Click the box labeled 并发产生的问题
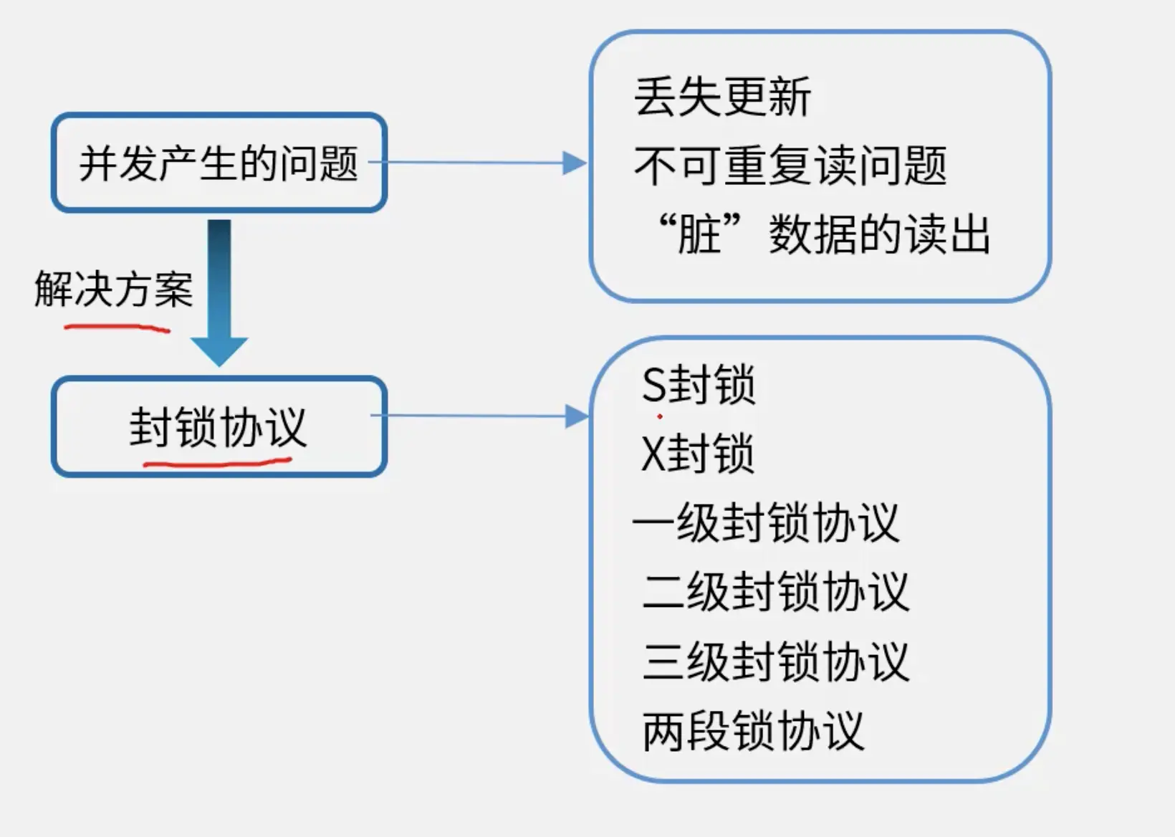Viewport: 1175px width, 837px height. (x=219, y=163)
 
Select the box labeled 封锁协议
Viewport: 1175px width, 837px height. (x=219, y=426)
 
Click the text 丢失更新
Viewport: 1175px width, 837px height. (x=722, y=97)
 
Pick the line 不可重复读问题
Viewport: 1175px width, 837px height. (x=790, y=166)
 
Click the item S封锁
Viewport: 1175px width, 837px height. (x=699, y=385)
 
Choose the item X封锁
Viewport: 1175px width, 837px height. (x=697, y=454)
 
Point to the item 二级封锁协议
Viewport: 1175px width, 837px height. (x=776, y=592)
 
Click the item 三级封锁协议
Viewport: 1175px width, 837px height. (x=776, y=661)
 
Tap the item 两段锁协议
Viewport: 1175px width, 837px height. (x=754, y=731)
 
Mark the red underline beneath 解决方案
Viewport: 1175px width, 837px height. (x=117, y=328)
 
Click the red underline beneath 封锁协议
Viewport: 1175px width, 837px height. (x=218, y=462)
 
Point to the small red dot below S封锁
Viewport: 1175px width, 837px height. (x=659, y=416)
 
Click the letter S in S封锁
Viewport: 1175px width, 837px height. (x=654, y=385)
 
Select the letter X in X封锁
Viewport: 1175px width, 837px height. (x=653, y=454)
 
